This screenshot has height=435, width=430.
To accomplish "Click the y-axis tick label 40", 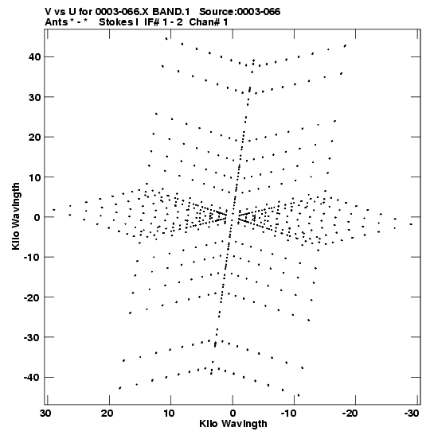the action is (x=34, y=57).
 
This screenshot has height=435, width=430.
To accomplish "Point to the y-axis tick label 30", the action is (x=34, y=97).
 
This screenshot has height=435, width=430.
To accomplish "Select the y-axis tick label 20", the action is (x=34, y=137).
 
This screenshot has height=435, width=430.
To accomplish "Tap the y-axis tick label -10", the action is (x=32, y=257).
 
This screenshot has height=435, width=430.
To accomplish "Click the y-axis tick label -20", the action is (x=32, y=297).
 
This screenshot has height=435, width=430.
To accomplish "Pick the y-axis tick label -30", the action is (x=32, y=337).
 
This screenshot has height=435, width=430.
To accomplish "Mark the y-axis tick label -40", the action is (x=32, y=377).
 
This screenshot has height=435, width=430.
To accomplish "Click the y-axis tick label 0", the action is (x=37, y=217).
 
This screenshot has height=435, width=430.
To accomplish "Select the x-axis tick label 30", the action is (x=46, y=414).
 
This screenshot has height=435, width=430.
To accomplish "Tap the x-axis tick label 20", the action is (x=107, y=414).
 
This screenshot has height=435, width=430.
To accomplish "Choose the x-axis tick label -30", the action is (x=412, y=414).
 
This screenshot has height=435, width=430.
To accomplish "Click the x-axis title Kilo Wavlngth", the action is (x=233, y=424).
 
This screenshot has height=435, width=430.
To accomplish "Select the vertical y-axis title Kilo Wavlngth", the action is (x=16, y=216).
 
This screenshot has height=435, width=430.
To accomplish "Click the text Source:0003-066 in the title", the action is (x=240, y=12).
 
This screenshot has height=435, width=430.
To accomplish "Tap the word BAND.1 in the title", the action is (x=171, y=12).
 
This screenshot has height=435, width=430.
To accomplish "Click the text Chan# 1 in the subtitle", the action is (x=209, y=22).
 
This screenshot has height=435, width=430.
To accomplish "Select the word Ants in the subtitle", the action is (x=57, y=22).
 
